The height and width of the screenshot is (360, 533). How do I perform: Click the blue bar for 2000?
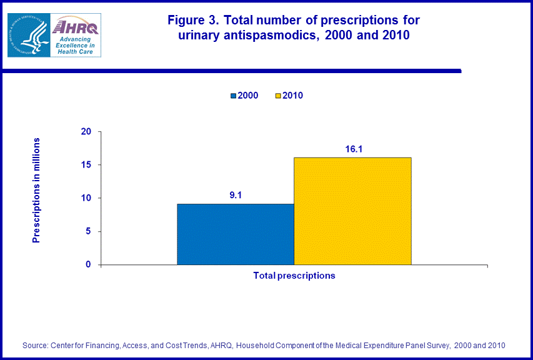235,234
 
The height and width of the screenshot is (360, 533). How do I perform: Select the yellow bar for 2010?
352,211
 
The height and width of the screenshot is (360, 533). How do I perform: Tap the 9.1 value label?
235,195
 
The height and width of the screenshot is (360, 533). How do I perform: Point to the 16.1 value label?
352,149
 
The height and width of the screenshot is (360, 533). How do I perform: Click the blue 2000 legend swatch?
234,96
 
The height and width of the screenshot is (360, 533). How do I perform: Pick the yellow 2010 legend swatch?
278,96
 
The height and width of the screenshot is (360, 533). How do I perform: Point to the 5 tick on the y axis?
88,231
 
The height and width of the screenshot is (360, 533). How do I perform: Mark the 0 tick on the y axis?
88,264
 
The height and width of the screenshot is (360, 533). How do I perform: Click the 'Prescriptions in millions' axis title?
36,190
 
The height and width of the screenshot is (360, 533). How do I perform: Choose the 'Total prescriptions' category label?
294,276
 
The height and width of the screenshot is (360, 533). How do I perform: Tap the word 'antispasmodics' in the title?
266,36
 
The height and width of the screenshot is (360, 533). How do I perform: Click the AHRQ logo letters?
75,26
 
